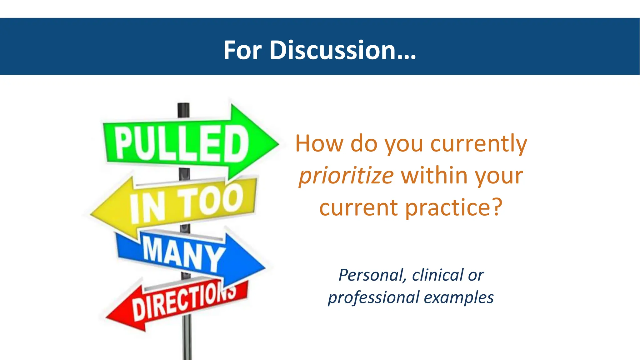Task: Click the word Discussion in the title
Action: [x=342, y=50]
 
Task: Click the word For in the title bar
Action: [x=242, y=50]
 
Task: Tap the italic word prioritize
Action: [x=346, y=176]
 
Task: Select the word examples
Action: [x=458, y=298]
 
